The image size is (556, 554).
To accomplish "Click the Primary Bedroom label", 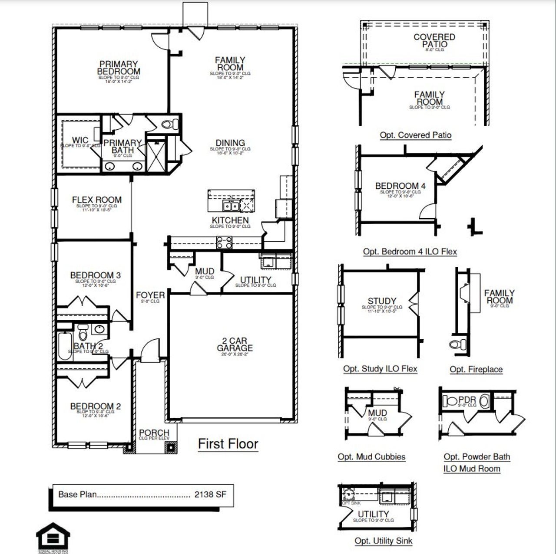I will coord(119,68).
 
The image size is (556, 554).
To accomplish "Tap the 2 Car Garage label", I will coord(235,344).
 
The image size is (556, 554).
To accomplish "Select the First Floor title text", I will coord(228,444).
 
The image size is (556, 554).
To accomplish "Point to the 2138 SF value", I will coord(210,495).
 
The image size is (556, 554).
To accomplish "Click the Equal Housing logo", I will coord(53,538).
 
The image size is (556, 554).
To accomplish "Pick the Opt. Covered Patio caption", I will coord(416,135).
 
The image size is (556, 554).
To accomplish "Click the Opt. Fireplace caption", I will coord(476,369).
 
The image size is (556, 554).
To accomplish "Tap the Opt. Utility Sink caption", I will coord(384,541).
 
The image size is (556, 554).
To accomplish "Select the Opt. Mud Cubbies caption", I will coord(371,457).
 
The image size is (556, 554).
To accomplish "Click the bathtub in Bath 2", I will coord(65,346).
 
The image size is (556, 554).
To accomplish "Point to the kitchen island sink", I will coord(231,205).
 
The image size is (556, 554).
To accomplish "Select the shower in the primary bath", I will coord(156,154).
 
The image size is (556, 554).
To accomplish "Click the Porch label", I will coord(154,433).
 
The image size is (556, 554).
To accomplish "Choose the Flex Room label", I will coord(96,200).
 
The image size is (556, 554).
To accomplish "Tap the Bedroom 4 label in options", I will coord(400,186).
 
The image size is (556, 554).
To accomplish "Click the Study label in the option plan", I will coord(382,301).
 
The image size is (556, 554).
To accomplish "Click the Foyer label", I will coord(150,295).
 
